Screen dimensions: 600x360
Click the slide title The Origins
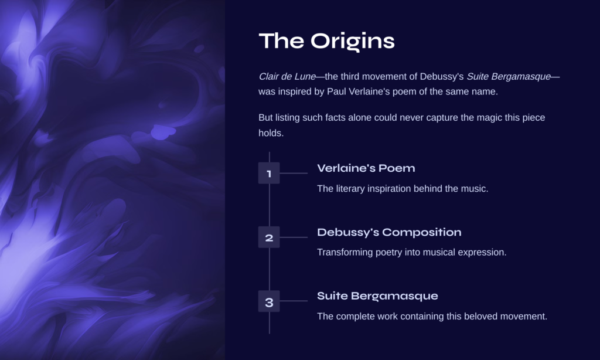[326, 42]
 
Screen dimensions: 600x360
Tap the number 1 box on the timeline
[269, 173]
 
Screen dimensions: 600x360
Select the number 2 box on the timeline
[269, 237]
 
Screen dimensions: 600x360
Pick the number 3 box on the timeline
[269, 301]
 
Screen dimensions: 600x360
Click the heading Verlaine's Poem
[366, 168]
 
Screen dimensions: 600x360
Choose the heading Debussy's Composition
[389, 232]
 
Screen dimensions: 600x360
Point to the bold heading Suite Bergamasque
[377, 296]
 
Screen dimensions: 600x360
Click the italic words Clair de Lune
[287, 77]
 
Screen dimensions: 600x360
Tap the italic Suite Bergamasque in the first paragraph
[509, 77]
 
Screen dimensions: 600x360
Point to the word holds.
[271, 133]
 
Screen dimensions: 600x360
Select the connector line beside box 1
[294, 173]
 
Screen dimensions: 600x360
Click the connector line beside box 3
[294, 301]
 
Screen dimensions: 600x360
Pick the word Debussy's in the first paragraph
[442, 77]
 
